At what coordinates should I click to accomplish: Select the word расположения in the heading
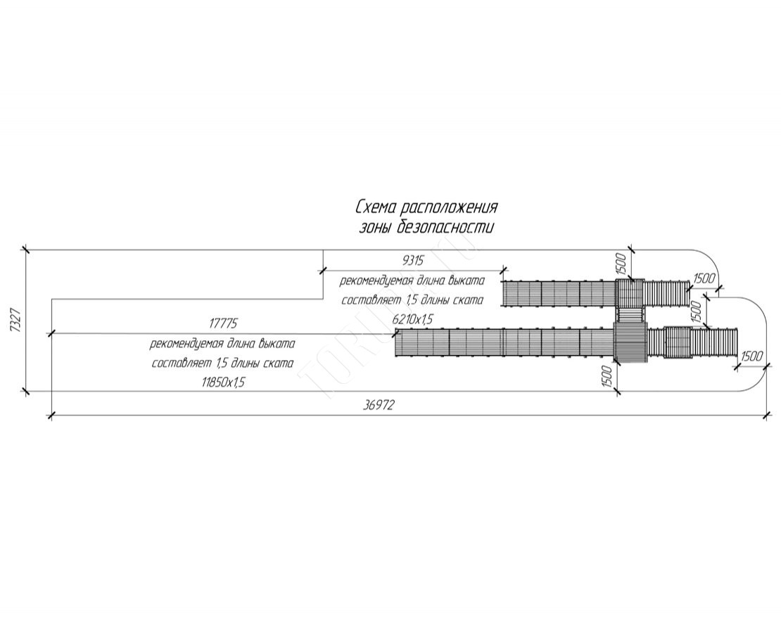coord(449,208)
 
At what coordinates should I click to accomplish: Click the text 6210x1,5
coord(413,318)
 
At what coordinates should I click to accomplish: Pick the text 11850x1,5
coord(223,382)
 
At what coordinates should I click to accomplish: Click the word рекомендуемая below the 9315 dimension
coord(374,281)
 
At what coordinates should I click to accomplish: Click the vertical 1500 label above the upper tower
coord(621,265)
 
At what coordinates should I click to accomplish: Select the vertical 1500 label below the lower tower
coord(607,379)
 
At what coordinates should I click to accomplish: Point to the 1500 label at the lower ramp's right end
coord(751,356)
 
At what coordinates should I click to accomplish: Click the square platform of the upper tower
coord(630,292)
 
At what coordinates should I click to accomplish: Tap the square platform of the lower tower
coord(630,342)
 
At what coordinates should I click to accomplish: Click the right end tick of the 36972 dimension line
coord(766,417)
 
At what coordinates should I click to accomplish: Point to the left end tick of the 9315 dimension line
coord(323,270)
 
